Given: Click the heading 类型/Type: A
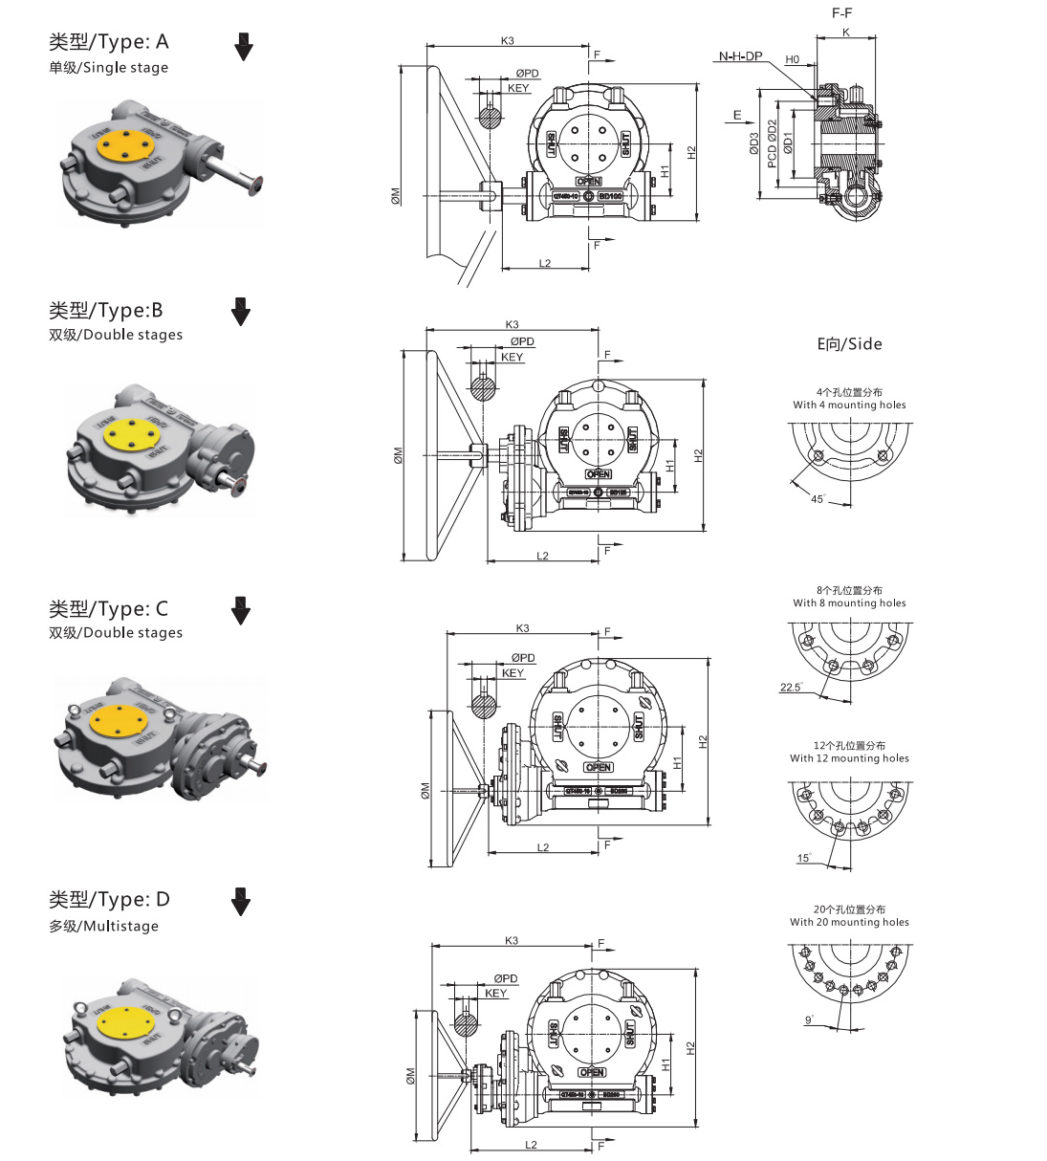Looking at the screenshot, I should [108, 42].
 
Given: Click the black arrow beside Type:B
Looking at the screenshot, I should [241, 311].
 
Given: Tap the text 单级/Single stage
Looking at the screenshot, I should [108, 68].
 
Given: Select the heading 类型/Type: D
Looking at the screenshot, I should [109, 900].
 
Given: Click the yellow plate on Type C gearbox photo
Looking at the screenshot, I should [120, 719].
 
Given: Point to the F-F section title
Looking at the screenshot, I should [841, 13].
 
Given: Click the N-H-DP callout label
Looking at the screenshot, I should [740, 56].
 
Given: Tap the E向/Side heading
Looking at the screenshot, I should [849, 344].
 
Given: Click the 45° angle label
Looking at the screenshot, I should [818, 499].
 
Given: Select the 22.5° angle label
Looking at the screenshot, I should [791, 688].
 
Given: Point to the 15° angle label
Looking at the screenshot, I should [803, 858].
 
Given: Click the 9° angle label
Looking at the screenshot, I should [809, 1020].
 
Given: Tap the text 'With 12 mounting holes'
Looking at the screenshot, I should [849, 758].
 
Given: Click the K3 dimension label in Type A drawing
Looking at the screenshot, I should [508, 41].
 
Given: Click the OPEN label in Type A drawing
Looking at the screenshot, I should [589, 181].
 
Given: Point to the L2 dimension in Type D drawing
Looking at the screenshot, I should [531, 1145].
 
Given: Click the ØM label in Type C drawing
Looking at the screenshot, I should [425, 790].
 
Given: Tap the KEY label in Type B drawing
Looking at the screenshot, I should [513, 358].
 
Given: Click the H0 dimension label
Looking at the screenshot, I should [792, 59].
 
